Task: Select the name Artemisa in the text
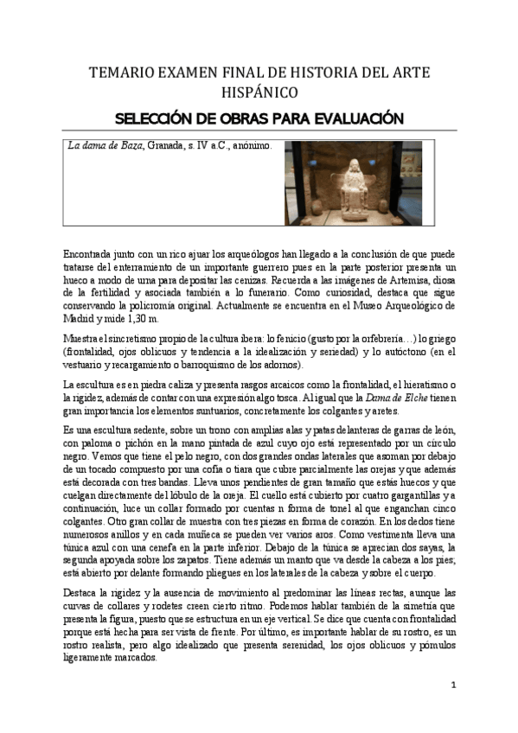coord(412,280)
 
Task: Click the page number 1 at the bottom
coord(452,685)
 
